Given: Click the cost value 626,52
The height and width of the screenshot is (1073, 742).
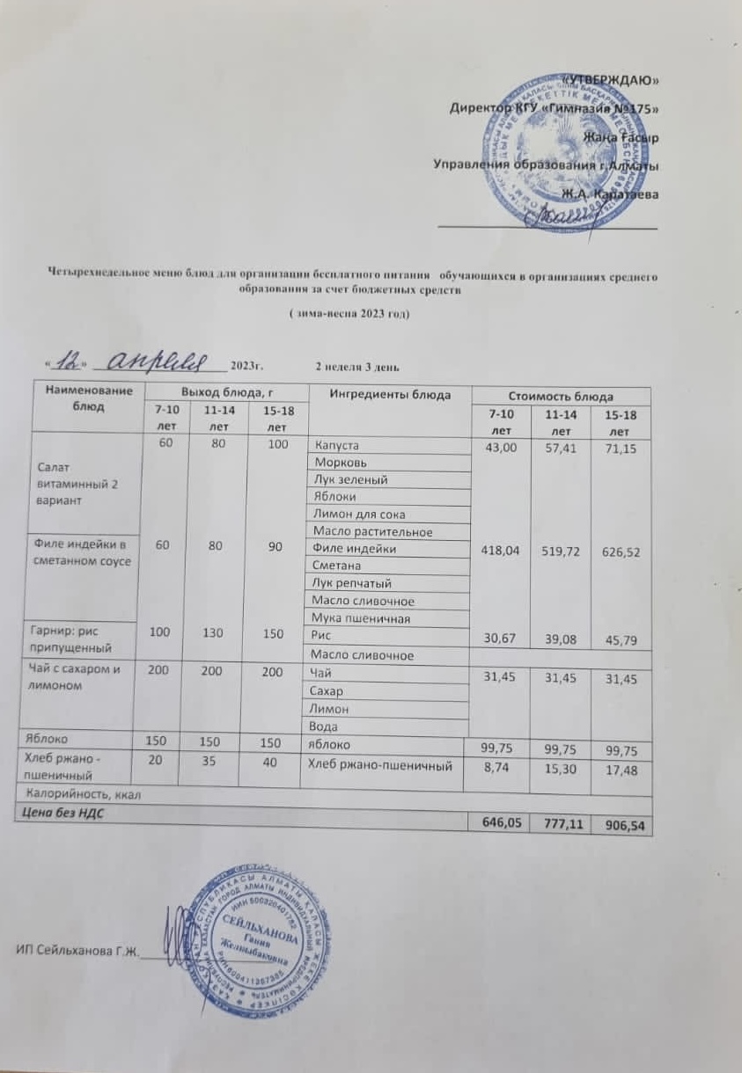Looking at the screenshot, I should [621, 550].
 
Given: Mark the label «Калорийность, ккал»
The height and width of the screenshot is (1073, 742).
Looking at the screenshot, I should [80, 795].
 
